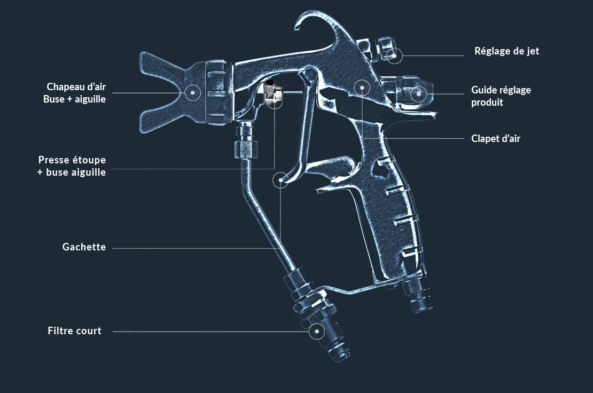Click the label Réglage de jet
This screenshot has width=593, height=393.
[x=506, y=51]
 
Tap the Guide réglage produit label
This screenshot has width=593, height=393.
[x=501, y=96]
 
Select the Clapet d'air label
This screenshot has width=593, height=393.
[x=495, y=138]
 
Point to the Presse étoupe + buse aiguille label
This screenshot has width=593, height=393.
[x=72, y=166]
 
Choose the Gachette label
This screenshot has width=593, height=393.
[x=84, y=247]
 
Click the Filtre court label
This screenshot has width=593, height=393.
[x=74, y=331]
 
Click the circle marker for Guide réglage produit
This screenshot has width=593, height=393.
[x=419, y=94]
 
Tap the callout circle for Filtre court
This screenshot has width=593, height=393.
[x=317, y=332]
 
